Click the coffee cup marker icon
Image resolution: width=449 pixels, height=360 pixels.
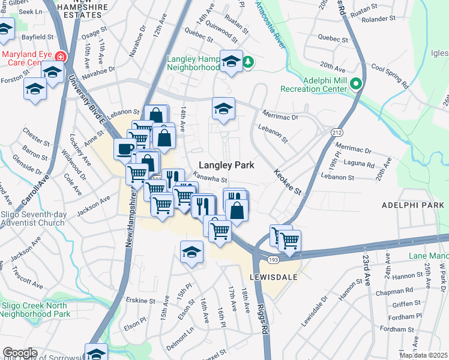(124, 149)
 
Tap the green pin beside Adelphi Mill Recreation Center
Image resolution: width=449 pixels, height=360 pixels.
(356, 83)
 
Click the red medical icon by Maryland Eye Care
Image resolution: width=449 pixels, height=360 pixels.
(59, 57)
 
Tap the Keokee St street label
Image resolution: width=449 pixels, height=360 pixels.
(286, 180)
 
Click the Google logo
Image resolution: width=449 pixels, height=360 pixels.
(20, 353)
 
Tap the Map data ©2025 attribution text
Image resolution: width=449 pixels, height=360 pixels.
(423, 355)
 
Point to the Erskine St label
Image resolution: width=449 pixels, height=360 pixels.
(140, 300)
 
